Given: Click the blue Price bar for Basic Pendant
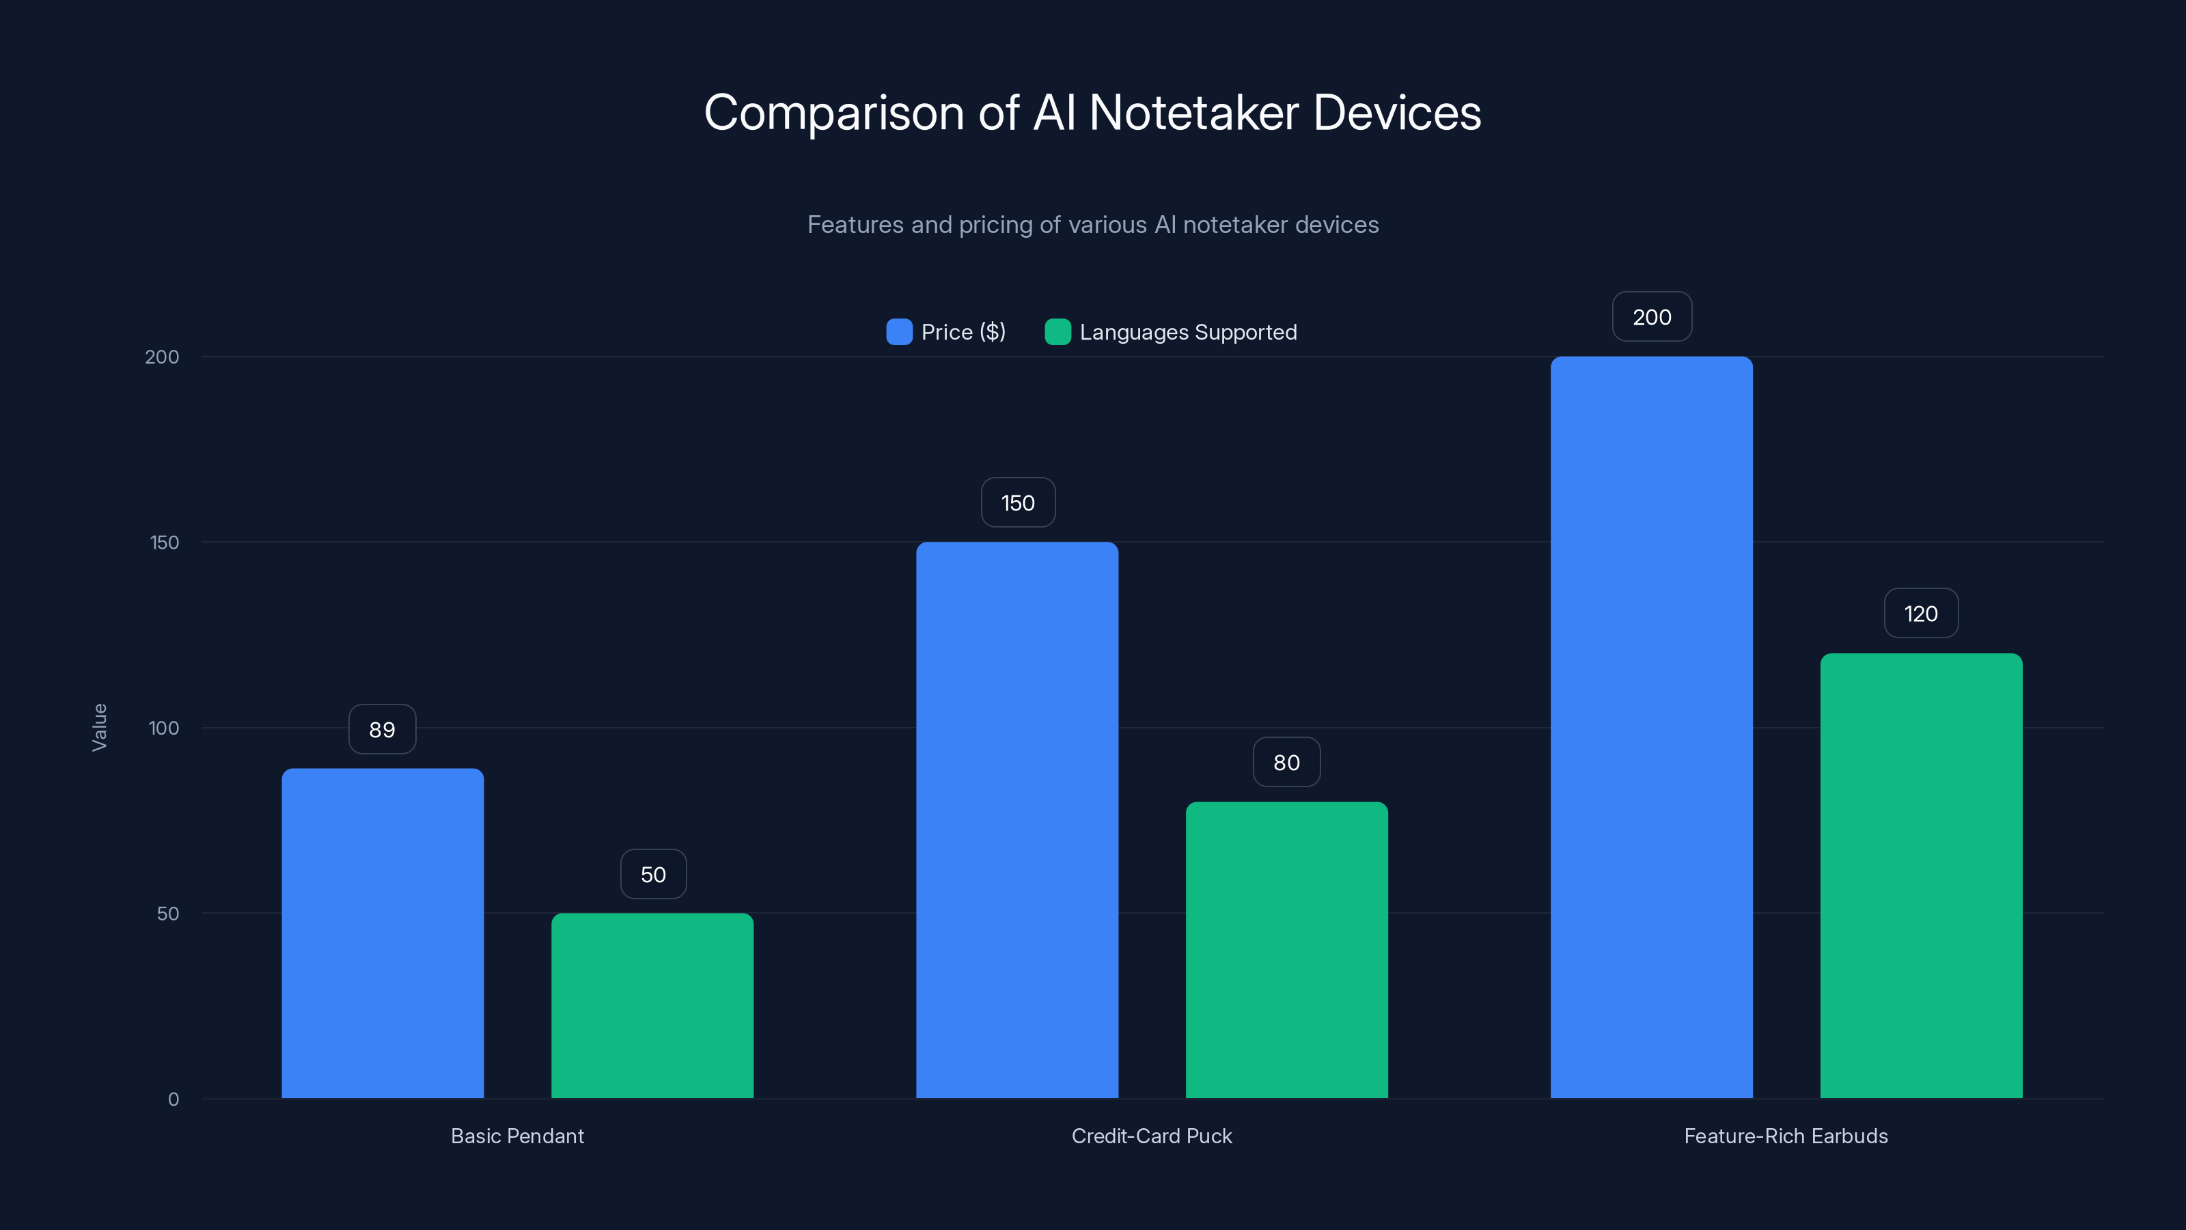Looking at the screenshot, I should click(383, 933).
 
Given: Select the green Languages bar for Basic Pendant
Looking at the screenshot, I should click(652, 1005).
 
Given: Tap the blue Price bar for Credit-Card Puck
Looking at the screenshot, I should click(1016, 820).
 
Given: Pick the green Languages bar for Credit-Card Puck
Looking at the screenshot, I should click(1286, 950).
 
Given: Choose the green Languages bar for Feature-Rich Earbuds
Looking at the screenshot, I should click(1921, 875).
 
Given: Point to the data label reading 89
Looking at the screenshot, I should click(382, 729).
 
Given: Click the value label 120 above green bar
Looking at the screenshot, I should click(1920, 614).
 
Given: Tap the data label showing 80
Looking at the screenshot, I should click(1286, 763).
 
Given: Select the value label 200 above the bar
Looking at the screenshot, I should click(1651, 316).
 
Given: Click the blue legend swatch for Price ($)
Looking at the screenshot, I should click(899, 332).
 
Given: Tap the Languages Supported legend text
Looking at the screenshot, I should click(1188, 332).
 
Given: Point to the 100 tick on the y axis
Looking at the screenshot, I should click(164, 728).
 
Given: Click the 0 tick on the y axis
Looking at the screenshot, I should click(173, 1099).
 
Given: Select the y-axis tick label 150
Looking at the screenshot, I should click(165, 543).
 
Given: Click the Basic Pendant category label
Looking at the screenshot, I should click(517, 1136).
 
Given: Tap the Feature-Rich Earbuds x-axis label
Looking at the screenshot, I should click(1786, 1136).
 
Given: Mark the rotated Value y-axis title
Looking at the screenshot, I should click(99, 728).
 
